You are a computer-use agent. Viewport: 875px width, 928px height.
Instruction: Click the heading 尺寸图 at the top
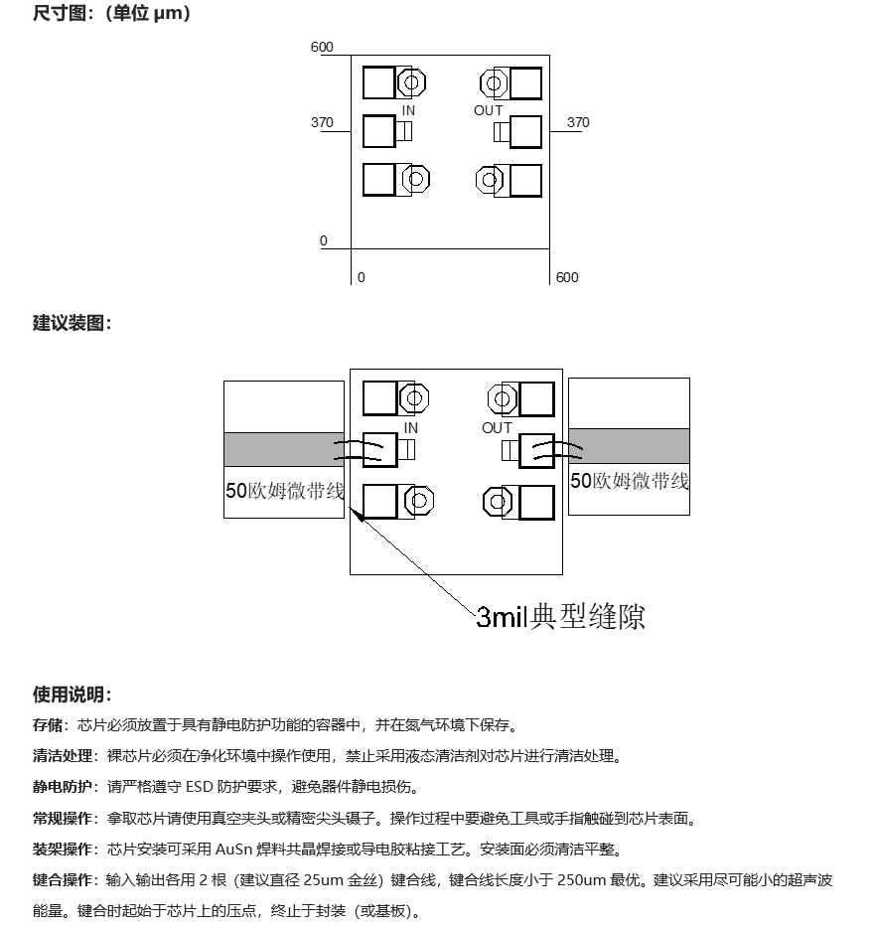click(60, 13)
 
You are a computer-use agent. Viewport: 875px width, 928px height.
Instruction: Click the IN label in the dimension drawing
click(408, 110)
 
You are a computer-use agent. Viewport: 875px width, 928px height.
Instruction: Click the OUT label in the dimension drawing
click(488, 110)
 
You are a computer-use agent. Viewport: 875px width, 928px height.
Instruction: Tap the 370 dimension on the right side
click(578, 122)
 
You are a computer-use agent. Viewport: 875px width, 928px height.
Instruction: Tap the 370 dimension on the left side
click(322, 122)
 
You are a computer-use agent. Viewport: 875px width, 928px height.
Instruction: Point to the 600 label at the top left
click(322, 47)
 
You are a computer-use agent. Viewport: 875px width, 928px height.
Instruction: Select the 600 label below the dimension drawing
click(567, 277)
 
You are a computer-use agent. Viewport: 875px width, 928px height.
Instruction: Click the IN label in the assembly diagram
click(410, 428)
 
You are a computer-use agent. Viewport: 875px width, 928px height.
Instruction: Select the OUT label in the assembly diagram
click(497, 428)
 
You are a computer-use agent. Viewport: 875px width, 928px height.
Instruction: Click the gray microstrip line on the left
click(284, 449)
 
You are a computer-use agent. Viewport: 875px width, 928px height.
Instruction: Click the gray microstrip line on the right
click(629, 446)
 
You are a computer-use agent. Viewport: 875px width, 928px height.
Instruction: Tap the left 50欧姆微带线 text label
click(285, 491)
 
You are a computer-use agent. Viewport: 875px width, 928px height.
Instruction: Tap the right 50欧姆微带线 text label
click(630, 481)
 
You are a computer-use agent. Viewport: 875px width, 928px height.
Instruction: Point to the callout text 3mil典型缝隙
click(560, 617)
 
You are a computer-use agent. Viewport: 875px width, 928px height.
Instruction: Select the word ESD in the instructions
click(200, 787)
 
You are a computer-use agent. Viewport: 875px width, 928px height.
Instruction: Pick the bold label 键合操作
click(63, 880)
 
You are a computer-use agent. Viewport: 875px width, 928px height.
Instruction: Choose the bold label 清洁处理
click(63, 756)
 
